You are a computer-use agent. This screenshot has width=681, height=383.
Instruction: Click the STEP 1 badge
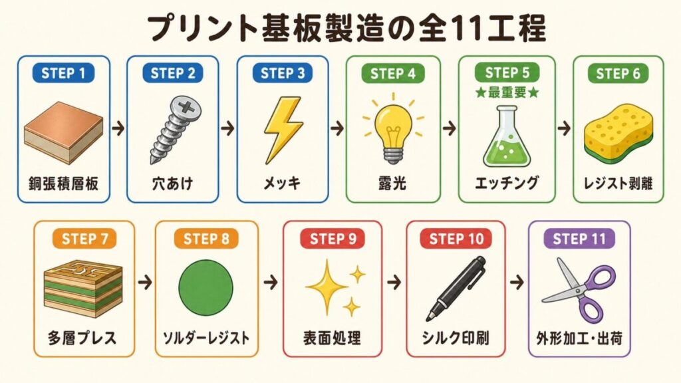63,73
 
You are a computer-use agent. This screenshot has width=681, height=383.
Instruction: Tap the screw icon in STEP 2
175,130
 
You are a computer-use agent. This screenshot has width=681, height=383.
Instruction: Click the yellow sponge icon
618,132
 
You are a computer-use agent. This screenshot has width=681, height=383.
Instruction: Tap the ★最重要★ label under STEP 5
507,92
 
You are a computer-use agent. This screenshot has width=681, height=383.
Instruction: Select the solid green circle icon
205,287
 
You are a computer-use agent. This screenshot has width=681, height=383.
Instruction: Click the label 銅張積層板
63,184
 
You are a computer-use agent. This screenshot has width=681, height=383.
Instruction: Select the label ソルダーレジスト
206,338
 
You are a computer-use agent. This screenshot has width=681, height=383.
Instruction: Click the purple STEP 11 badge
579,239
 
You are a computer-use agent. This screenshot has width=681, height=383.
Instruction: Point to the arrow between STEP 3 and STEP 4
337,128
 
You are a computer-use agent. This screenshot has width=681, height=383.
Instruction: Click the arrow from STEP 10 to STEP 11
517,283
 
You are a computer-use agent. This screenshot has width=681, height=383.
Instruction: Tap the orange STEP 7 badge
84,239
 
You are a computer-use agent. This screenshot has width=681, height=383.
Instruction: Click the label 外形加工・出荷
579,338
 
